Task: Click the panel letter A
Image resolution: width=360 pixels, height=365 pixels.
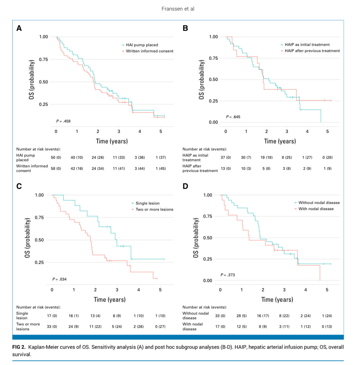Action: pos(19,28)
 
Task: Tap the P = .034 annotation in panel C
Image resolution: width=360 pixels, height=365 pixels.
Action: pos(59,279)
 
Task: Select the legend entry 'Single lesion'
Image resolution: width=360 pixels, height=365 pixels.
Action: pos(147,203)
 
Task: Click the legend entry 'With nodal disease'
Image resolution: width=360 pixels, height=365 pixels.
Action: pos(316,209)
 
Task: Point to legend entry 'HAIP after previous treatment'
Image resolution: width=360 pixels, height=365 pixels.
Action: pos(312,51)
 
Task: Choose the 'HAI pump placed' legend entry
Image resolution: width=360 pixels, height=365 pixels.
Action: pos(142,45)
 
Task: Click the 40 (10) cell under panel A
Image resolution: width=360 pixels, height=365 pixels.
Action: pos(77,157)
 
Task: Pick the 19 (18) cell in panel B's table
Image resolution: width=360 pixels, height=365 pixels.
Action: pos(266,157)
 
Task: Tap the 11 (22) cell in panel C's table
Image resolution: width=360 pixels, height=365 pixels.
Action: pos(95,327)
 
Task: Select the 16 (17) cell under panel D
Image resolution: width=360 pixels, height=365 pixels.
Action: pos(263,316)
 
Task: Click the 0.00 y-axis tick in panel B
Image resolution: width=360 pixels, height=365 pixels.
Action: pos(213,122)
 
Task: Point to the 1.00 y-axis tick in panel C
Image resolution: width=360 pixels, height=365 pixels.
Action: pos(39,195)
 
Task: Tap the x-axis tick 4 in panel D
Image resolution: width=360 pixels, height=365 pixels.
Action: pos(306,290)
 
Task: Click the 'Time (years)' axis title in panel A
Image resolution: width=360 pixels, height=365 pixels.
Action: pos(112,141)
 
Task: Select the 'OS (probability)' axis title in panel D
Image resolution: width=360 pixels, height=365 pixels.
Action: pos(196,238)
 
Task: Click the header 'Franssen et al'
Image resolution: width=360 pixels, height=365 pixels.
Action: pos(178,9)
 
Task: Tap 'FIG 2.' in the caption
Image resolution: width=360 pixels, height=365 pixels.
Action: pos(19,347)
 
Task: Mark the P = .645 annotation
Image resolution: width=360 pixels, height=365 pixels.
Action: pos(233,117)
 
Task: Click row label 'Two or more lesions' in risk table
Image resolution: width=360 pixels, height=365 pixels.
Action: pos(28,327)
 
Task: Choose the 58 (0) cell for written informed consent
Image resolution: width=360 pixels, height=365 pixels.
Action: pos(56,169)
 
